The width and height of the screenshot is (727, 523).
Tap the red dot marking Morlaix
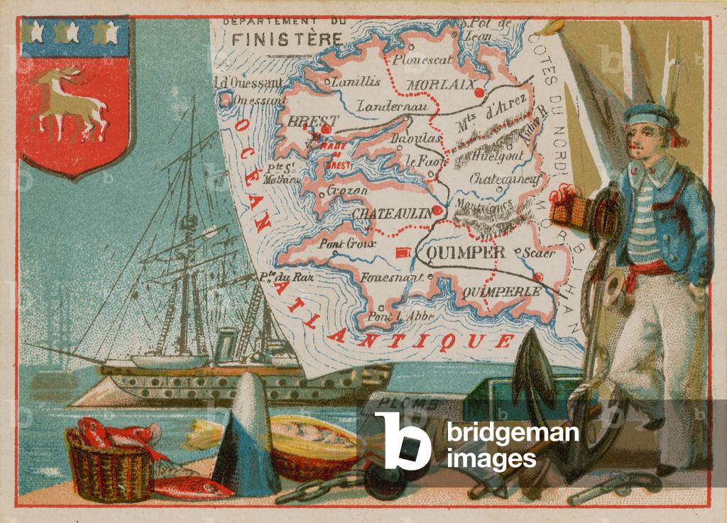click(479, 92)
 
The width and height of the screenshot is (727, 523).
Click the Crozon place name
click(348, 190)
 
